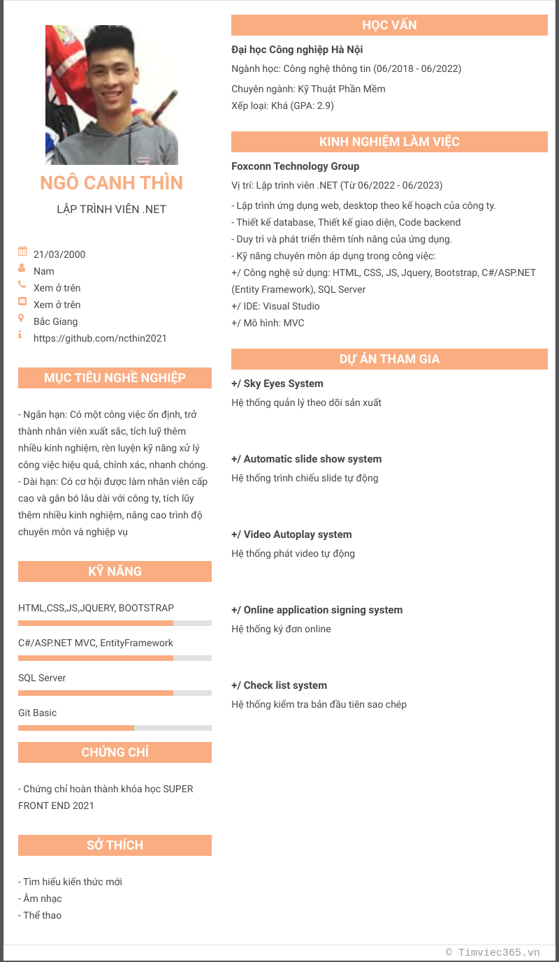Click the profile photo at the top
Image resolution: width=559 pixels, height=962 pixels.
click(x=112, y=95)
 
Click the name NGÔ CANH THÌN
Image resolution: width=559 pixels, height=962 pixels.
click(x=112, y=183)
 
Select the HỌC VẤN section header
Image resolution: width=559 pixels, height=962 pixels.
click(x=389, y=25)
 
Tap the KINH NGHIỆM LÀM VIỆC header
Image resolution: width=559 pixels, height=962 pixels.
click(x=389, y=142)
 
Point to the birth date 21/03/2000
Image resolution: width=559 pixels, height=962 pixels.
click(x=59, y=254)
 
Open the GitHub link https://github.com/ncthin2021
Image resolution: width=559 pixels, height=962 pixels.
click(x=100, y=338)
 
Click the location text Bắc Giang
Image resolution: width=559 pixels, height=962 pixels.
click(x=55, y=321)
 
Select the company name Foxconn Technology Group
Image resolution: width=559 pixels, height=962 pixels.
click(x=296, y=166)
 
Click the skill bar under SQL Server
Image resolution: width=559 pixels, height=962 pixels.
click(x=115, y=693)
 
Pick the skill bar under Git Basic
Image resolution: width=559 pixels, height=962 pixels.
click(x=115, y=728)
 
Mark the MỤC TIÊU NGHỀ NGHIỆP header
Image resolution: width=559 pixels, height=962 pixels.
click(x=115, y=378)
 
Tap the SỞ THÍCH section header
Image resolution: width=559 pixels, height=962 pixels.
click(x=115, y=845)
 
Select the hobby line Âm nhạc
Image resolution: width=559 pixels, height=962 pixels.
click(x=42, y=898)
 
